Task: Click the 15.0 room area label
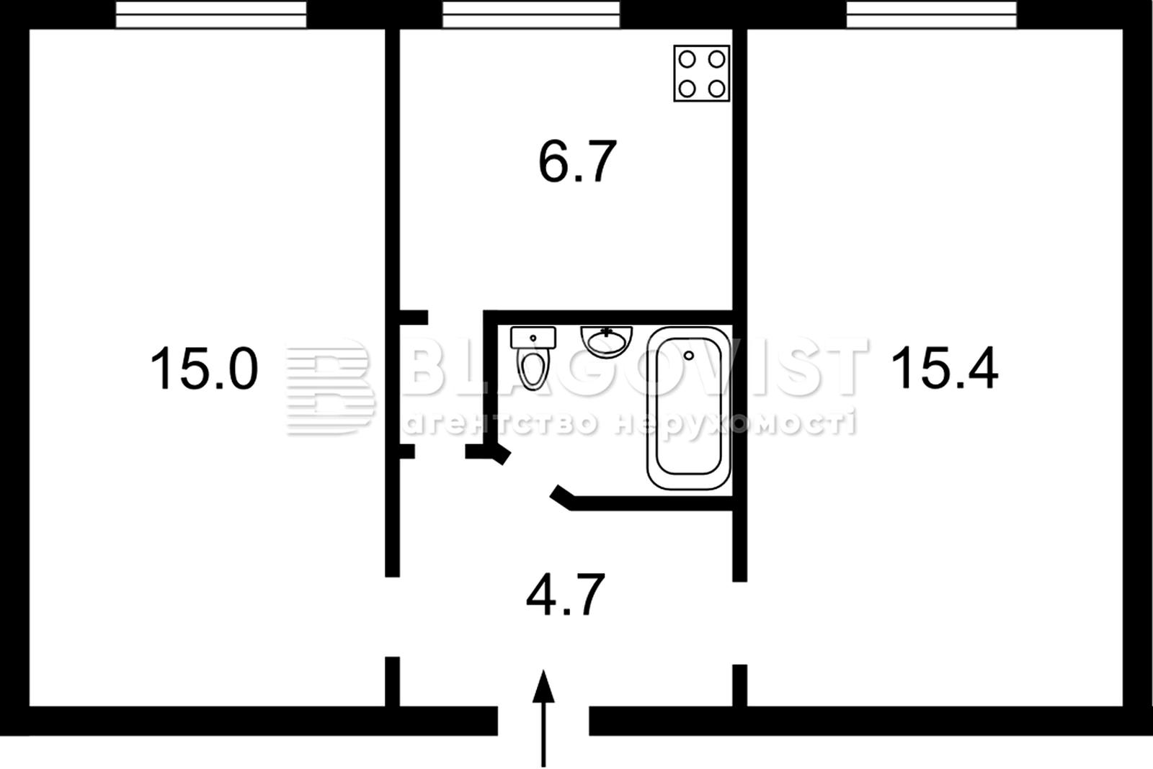click(x=204, y=368)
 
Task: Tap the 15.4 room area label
click(x=944, y=368)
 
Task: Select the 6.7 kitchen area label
click(x=577, y=161)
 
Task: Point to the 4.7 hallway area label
click(x=565, y=595)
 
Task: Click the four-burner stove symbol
click(x=702, y=73)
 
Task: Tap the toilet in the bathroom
click(x=533, y=358)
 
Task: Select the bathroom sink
click(x=606, y=341)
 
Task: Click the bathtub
click(x=689, y=408)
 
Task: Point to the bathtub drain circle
click(x=689, y=356)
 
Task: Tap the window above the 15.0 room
click(x=211, y=14)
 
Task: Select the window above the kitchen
click(x=531, y=14)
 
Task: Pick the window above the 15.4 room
click(x=932, y=14)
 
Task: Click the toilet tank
click(x=533, y=338)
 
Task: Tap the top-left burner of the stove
click(x=687, y=60)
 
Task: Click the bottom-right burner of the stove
click(x=716, y=89)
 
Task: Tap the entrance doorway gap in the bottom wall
click(x=543, y=721)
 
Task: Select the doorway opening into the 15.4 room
click(x=739, y=623)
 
